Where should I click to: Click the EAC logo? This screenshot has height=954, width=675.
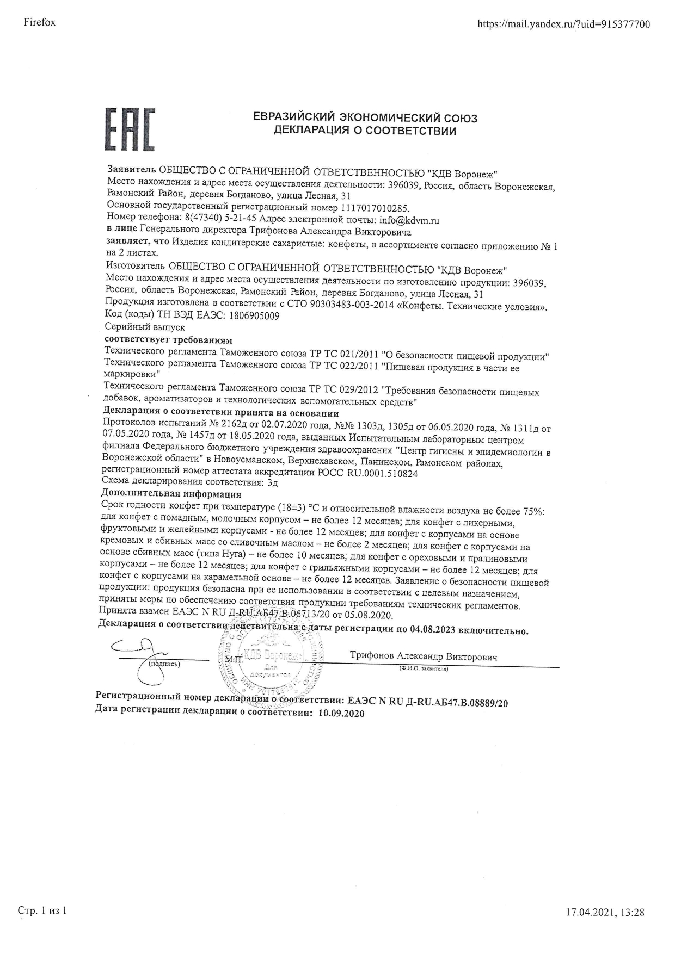pos(130,129)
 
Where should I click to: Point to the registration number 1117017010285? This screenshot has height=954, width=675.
pos(375,208)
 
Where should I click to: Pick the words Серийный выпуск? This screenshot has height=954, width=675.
pos(144,327)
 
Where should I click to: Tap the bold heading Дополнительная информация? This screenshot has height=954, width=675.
pos(171,494)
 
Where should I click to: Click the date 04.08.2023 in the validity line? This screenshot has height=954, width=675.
pos(434,631)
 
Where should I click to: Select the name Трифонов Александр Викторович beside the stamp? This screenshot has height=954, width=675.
pos(424,656)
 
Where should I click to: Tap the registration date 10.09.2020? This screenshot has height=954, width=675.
pos(340,713)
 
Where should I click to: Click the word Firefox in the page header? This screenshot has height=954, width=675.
pos(40,23)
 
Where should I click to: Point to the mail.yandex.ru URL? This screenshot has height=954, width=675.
pos(563,24)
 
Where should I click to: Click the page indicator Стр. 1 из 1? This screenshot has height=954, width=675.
pos(42,910)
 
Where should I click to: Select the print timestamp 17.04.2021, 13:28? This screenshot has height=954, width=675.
pos(605,912)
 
